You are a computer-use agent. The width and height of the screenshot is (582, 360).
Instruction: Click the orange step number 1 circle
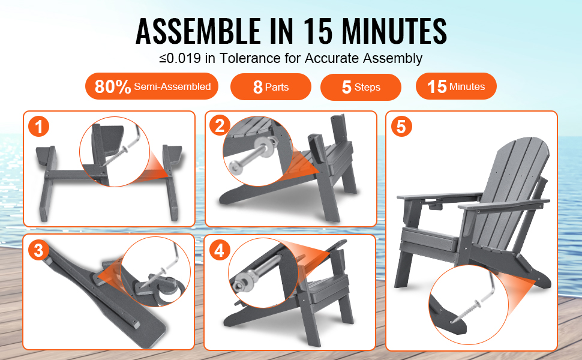click(38, 127)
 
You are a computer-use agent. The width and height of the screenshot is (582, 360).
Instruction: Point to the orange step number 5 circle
click(401, 126)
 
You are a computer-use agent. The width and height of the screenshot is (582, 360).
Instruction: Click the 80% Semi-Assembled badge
click(152, 86)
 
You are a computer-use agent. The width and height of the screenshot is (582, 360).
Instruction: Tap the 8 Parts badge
click(271, 87)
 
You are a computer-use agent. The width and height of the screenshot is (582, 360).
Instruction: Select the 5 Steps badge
click(361, 87)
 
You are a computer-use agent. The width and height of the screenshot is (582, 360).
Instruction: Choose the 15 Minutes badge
click(456, 86)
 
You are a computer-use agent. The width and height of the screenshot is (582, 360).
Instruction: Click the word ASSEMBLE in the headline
click(198, 31)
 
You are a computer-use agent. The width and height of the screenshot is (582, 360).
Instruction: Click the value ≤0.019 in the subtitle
click(180, 58)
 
